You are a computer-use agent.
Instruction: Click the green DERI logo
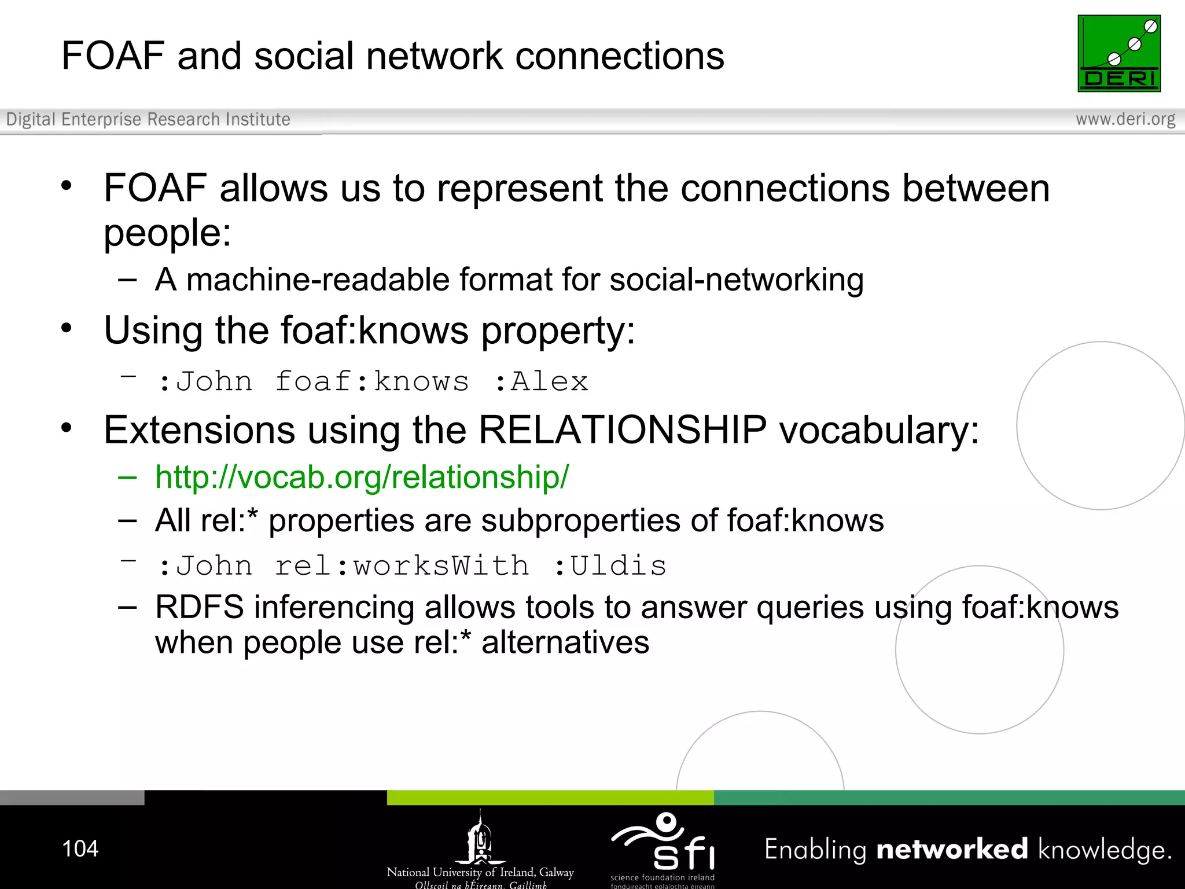(x=1118, y=53)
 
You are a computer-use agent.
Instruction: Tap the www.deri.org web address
(x=1125, y=119)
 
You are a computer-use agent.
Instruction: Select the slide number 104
(x=80, y=848)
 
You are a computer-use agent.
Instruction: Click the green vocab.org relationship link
(x=362, y=477)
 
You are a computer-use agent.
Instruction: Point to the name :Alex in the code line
(x=542, y=382)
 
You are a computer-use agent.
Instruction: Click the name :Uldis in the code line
(x=610, y=566)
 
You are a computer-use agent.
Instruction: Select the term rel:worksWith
(x=402, y=566)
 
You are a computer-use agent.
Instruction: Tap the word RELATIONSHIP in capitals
(x=622, y=430)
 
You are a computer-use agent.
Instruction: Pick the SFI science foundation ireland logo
(x=663, y=848)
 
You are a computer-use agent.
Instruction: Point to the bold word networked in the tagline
(x=952, y=850)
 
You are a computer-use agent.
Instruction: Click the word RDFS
(x=200, y=607)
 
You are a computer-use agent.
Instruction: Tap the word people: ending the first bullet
(x=167, y=233)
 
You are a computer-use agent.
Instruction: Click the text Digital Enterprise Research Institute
(x=148, y=119)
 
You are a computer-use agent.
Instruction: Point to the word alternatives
(x=565, y=642)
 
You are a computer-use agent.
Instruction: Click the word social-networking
(x=736, y=280)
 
